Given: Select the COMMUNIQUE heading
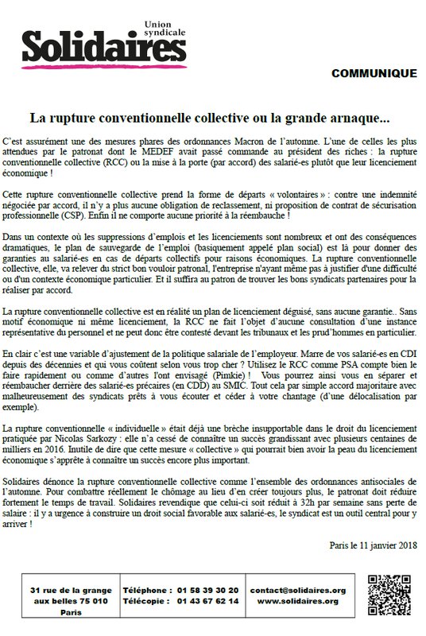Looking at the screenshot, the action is coord(373,74).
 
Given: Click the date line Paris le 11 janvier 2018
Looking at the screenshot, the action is coord(372,545).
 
